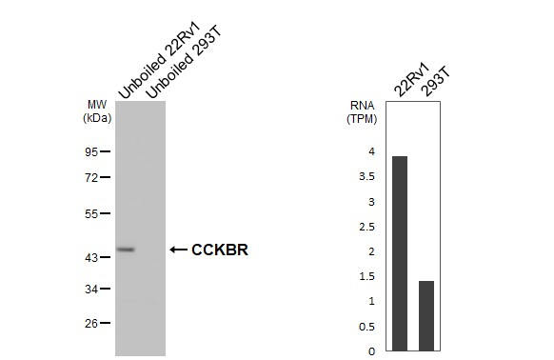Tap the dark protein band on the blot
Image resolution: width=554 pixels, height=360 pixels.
click(126, 250)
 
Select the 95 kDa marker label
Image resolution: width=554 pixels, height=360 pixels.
click(91, 151)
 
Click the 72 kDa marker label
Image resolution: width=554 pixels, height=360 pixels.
click(91, 178)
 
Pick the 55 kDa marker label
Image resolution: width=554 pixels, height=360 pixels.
click(91, 214)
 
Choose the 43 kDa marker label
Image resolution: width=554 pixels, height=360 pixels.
click(91, 258)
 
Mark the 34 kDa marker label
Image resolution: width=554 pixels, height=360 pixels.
click(91, 289)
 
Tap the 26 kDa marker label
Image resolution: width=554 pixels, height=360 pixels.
click(91, 323)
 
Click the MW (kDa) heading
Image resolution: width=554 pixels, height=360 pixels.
click(97, 111)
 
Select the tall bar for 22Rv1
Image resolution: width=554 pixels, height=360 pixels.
click(400, 253)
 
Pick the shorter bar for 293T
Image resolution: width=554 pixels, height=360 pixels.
click(426, 315)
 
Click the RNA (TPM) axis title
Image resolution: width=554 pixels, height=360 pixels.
click(361, 111)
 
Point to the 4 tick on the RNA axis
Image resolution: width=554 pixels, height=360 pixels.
click(371, 151)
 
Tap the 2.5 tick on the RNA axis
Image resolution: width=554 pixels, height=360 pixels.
click(367, 227)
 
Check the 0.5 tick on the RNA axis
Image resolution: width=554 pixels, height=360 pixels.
click(367, 327)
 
